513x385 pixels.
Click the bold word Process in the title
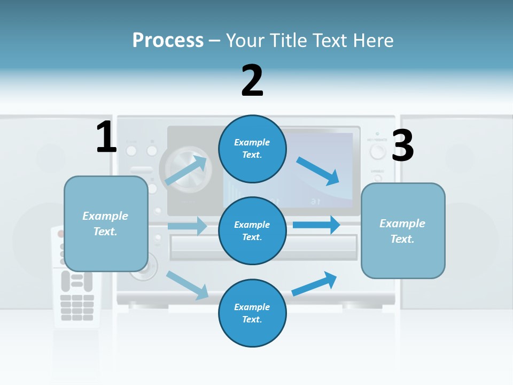click(x=168, y=40)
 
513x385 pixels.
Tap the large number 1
click(x=106, y=137)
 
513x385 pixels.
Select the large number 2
click(x=252, y=80)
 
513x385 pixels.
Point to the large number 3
click(x=402, y=145)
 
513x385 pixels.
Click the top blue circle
click(x=252, y=149)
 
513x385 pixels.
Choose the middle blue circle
click(x=252, y=230)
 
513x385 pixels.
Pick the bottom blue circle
click(x=252, y=313)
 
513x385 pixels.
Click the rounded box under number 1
click(x=106, y=224)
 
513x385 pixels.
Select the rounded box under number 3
click(x=403, y=231)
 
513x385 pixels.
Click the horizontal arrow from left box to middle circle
click(x=188, y=226)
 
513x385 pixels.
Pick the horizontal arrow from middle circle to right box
click(x=317, y=225)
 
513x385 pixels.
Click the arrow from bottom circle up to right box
click(x=315, y=283)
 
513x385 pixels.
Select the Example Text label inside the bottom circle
click(x=252, y=313)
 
